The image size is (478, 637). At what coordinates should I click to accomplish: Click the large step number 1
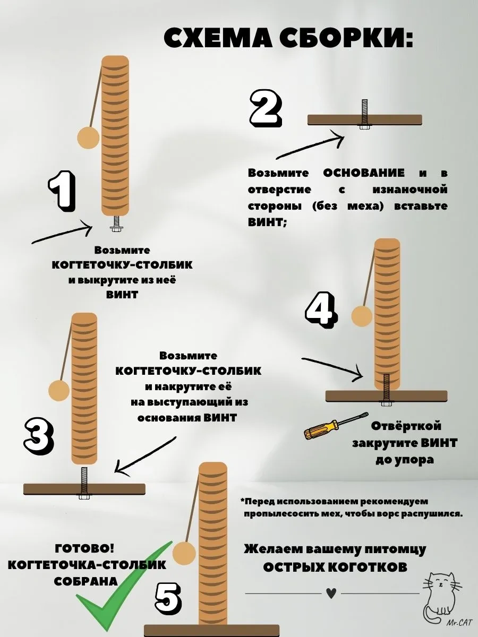(62, 191)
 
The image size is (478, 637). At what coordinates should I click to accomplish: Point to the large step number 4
(321, 310)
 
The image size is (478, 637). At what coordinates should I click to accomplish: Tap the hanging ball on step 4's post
(362, 316)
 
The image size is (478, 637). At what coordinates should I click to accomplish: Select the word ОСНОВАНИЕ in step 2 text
(364, 173)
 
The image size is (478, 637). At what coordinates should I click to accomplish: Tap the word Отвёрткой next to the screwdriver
(406, 426)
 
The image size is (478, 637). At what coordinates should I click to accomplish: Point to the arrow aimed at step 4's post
(332, 368)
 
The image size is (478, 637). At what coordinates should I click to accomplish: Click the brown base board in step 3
(84, 489)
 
